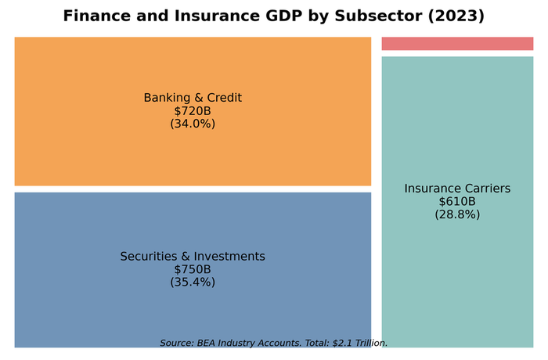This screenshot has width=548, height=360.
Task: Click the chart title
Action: [273, 16]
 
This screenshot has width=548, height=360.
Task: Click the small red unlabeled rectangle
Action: [457, 44]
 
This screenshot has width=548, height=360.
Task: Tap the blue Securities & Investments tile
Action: [193, 313]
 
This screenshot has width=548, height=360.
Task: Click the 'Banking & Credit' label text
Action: [193, 98]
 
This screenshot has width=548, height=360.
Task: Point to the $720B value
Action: [193, 111]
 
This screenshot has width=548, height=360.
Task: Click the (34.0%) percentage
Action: [193, 124]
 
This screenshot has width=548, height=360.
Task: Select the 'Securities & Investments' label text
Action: [193, 257]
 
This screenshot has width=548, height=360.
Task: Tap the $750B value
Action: [193, 270]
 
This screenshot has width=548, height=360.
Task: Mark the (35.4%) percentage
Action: [193, 283]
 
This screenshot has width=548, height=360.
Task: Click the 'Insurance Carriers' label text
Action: [457, 189]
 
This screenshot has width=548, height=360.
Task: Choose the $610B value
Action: [457, 202]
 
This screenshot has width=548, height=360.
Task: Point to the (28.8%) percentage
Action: [457, 214]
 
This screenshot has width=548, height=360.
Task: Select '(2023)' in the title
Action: [457, 16]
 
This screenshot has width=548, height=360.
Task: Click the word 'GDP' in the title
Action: [278, 16]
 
